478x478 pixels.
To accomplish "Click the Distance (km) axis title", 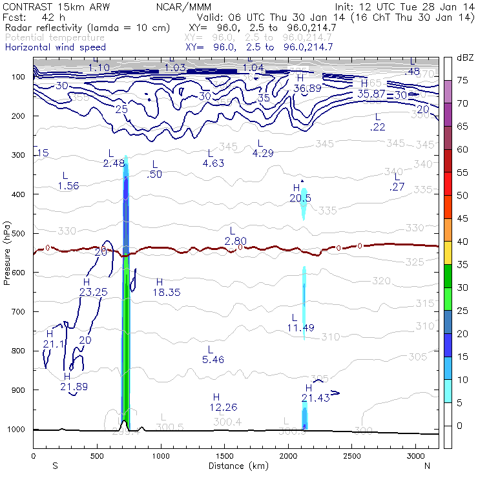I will pos(236,465).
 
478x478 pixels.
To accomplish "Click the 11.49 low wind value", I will pos(300,328).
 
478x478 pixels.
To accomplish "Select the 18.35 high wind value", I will pos(166,292).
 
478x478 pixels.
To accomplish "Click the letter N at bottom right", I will pos(427,465).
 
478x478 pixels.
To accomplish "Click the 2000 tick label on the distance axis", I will pos(287,456).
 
